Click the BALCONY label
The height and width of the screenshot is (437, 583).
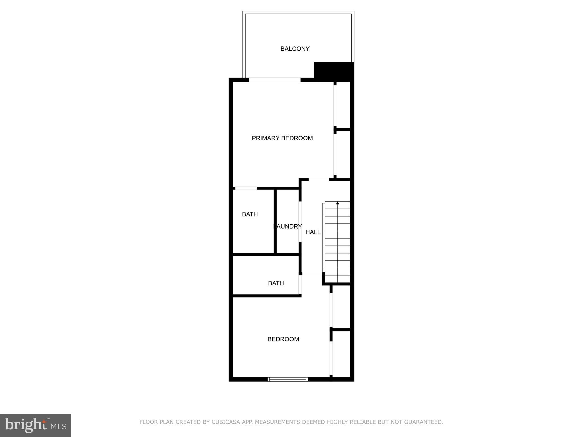[295, 49]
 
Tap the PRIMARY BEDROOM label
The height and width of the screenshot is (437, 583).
[282, 138]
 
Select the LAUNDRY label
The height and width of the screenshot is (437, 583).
[288, 226]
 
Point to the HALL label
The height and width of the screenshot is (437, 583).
[313, 232]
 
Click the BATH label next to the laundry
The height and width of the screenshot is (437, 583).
[250, 214]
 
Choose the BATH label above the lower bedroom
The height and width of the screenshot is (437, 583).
[276, 283]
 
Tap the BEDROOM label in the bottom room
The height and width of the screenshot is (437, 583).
[283, 339]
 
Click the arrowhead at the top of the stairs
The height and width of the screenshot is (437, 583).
[338, 203]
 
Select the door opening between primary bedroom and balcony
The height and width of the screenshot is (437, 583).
[274, 80]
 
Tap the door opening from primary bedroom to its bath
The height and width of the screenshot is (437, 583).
[246, 188]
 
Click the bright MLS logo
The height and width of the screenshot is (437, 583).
[36, 425]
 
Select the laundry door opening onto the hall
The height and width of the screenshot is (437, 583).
[300, 222]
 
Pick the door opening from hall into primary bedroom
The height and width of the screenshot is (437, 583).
[319, 180]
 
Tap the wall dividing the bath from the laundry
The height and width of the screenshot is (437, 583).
[275, 221]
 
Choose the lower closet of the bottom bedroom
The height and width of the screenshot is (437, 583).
[341, 354]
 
